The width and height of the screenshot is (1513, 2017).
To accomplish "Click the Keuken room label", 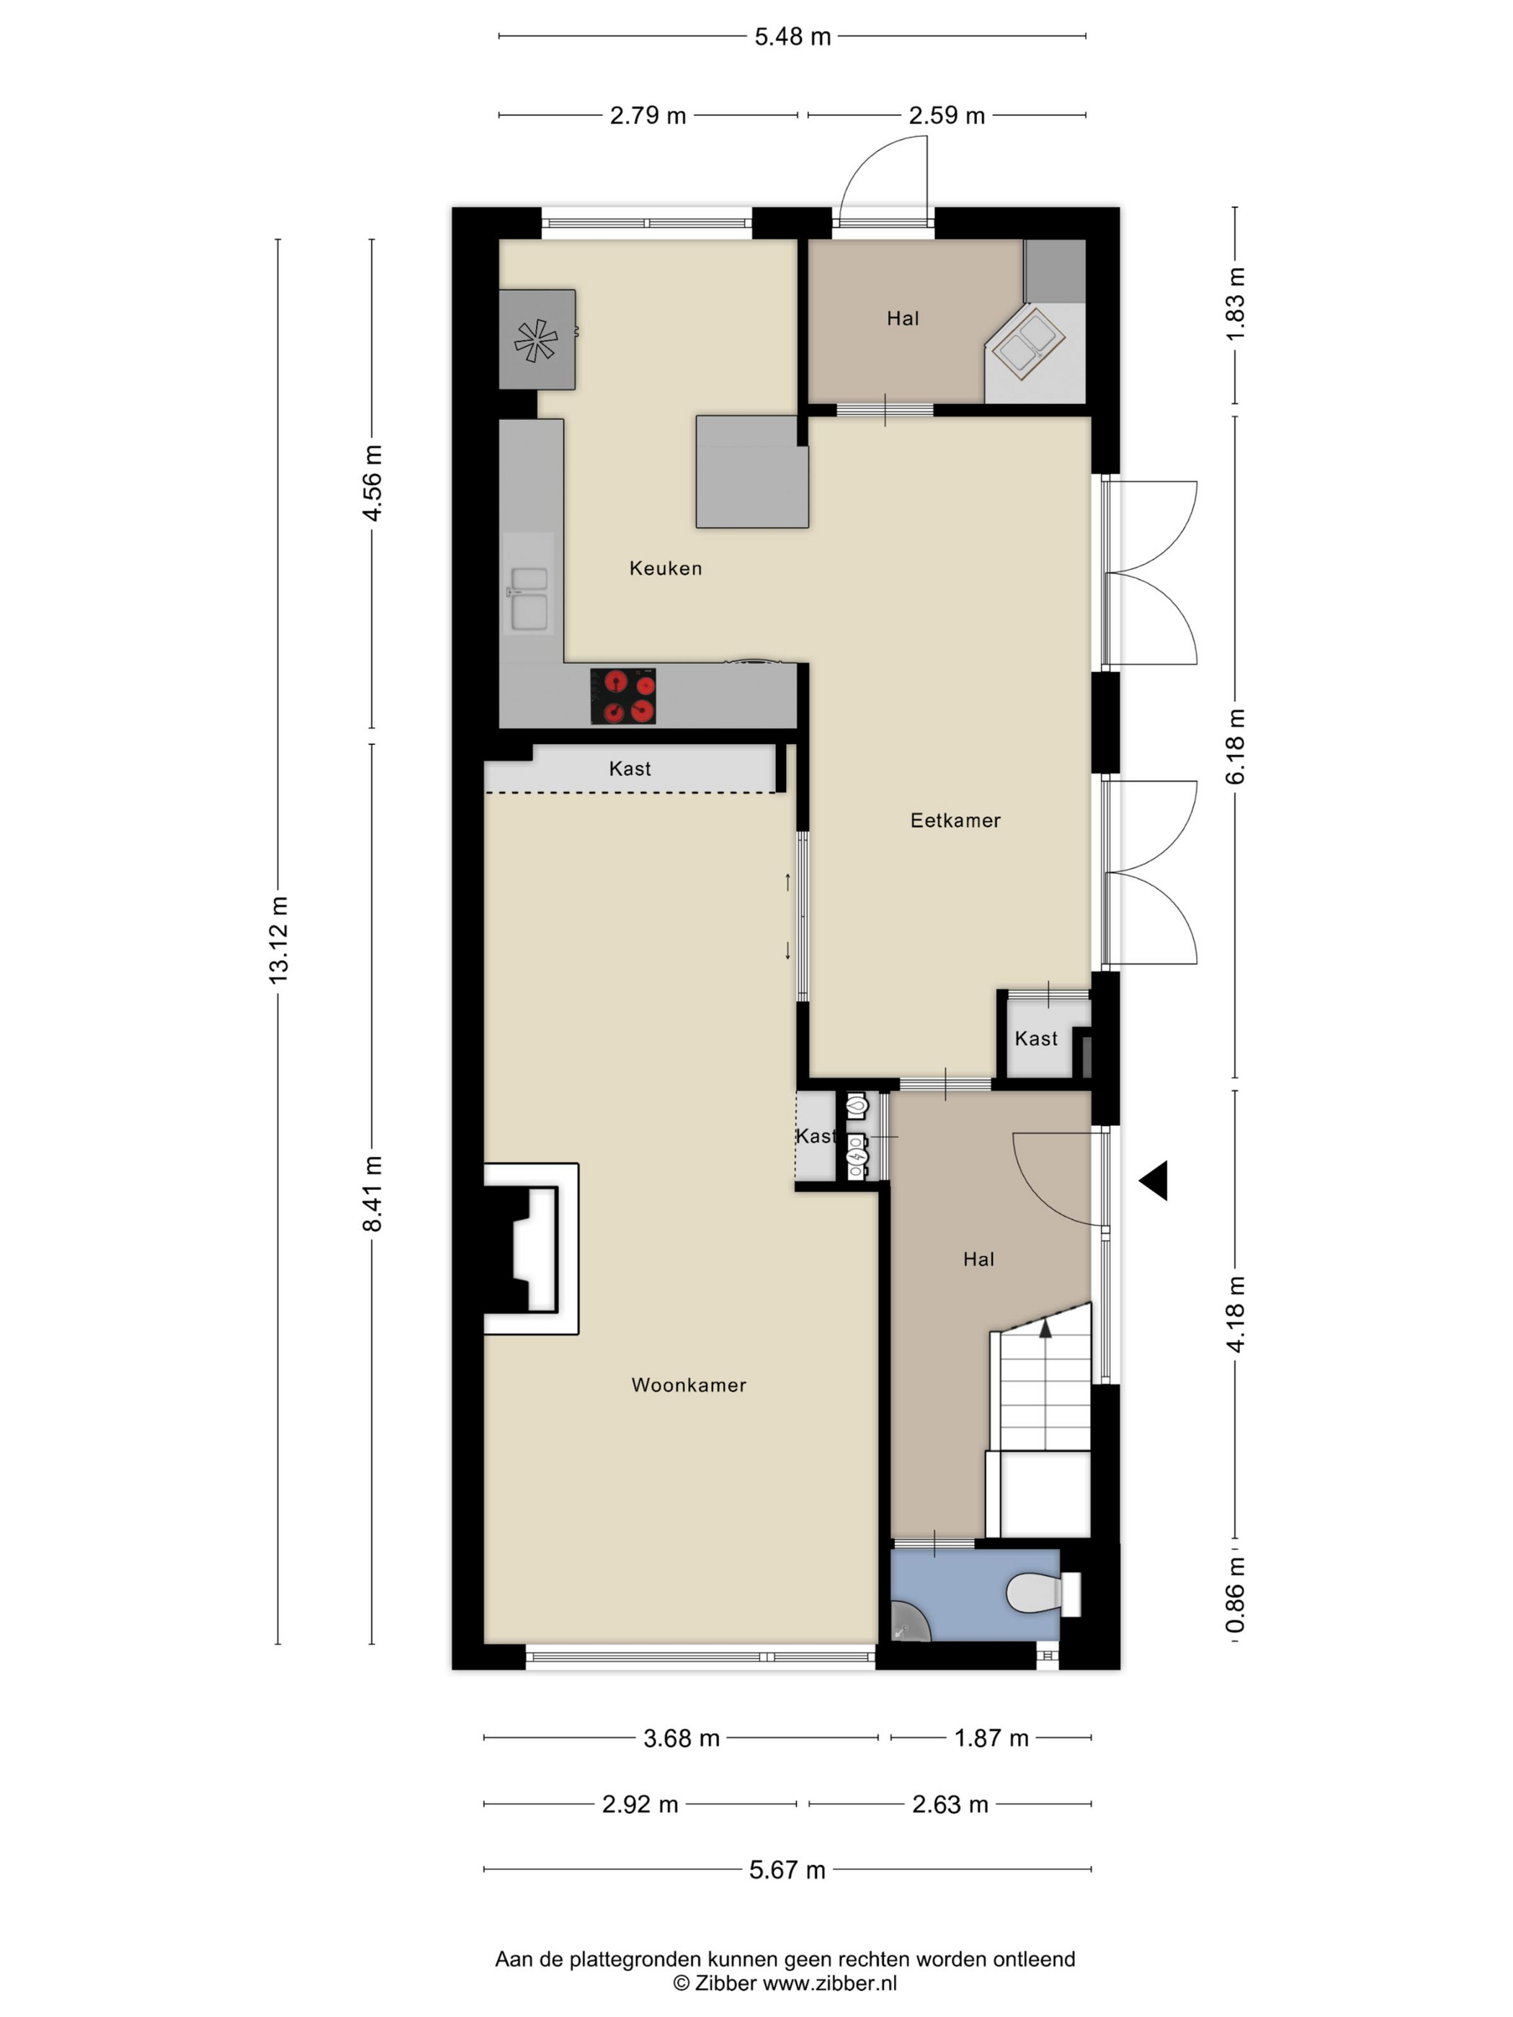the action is click(x=665, y=568).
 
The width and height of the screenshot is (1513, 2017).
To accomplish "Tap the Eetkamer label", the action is click(x=955, y=820).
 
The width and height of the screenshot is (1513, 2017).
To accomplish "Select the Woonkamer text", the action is click(x=689, y=1385).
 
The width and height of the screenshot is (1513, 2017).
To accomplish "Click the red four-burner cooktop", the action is click(x=623, y=697).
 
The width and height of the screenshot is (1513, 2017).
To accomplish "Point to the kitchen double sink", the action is click(x=529, y=597).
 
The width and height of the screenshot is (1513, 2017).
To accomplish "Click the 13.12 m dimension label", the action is click(x=278, y=939).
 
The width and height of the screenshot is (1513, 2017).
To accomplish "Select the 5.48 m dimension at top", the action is click(x=793, y=37).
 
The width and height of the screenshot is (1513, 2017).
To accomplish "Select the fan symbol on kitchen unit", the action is click(x=536, y=340).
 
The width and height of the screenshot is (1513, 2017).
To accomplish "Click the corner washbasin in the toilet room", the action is click(x=909, y=1622).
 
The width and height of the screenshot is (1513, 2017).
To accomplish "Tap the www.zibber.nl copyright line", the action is click(x=785, y=1982).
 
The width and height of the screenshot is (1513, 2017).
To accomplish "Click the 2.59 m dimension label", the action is click(x=947, y=116).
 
